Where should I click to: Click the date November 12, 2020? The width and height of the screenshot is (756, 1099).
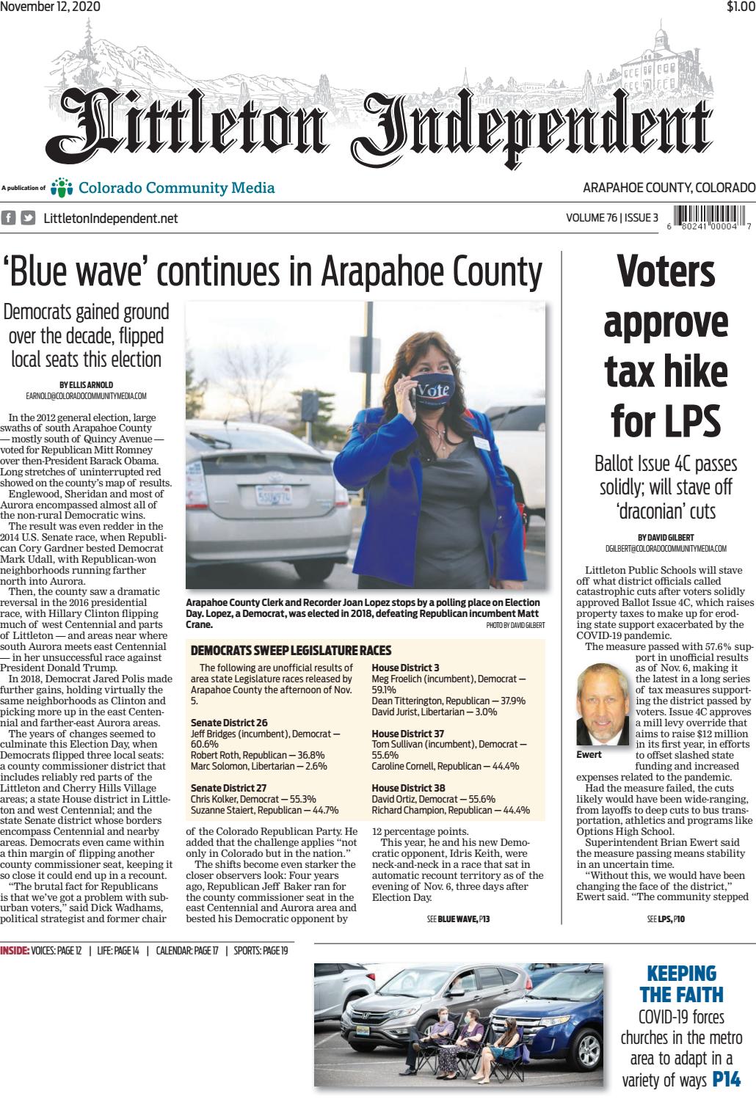tap(51, 7)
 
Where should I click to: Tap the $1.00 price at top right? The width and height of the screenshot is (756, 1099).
tap(740, 7)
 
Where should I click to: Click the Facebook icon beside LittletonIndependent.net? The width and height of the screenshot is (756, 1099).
tap(10, 218)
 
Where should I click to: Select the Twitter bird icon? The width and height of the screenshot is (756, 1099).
tap(28, 218)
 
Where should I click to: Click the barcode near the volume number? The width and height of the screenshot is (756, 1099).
tap(708, 217)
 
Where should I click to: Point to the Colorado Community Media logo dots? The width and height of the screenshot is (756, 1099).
tap(64, 189)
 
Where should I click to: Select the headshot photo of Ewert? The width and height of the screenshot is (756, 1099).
tap(601, 705)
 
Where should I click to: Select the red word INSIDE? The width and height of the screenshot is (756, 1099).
tap(15, 952)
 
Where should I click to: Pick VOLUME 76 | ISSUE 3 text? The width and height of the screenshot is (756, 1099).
tap(612, 218)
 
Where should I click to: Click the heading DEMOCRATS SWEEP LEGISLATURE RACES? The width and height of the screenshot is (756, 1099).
tap(291, 651)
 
